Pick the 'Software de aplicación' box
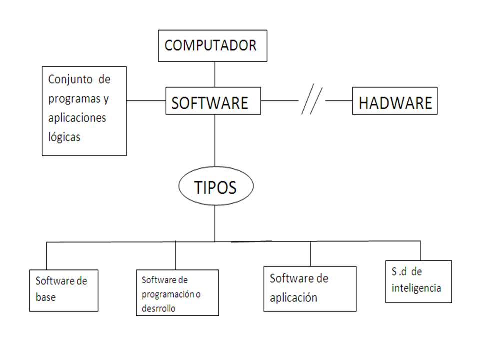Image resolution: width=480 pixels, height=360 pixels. [310, 288]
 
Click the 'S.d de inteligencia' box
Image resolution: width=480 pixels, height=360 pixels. [418, 281]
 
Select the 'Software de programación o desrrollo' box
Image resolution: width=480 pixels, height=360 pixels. [177, 293]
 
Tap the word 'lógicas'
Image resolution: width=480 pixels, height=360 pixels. [64, 137]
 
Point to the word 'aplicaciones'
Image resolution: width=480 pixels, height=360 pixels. [77, 118]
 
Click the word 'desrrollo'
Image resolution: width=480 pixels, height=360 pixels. [159, 309]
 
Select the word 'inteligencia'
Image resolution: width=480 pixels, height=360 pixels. [416, 288]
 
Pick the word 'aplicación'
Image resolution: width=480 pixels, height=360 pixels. [294, 297]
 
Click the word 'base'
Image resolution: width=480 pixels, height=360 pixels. [46, 297]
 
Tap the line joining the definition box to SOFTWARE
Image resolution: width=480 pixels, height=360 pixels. [146, 101]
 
